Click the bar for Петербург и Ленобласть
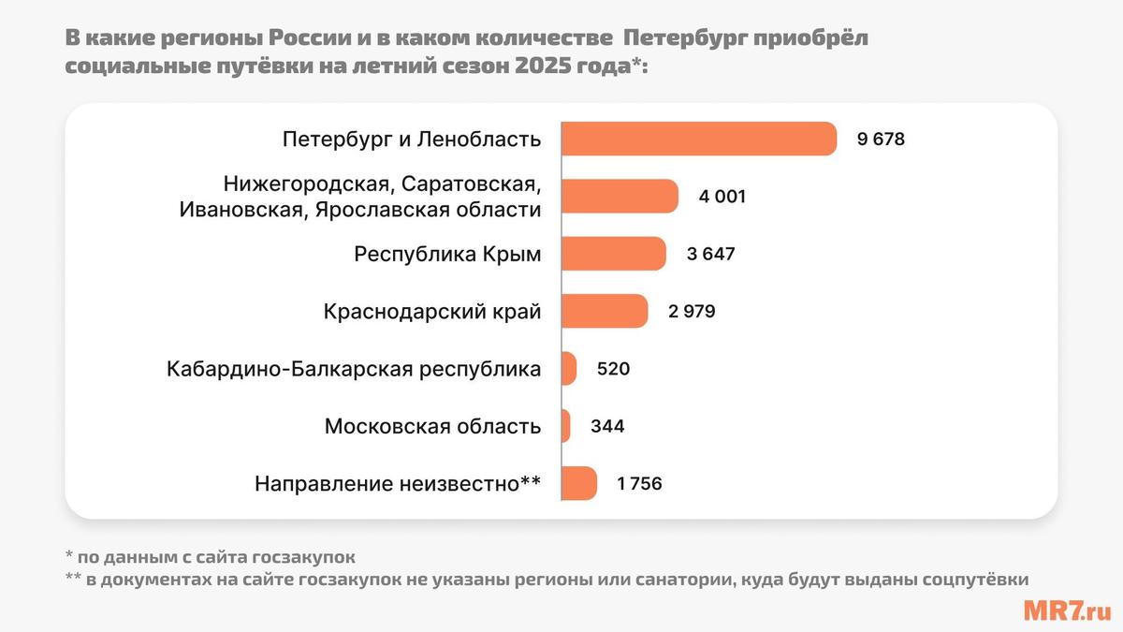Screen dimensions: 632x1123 coord(698,140)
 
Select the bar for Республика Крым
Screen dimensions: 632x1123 coord(614,254)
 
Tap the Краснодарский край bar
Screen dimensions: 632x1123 coord(605,311)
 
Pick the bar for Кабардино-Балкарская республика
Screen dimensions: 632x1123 coord(569,369)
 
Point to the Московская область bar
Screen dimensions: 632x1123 coord(566,426)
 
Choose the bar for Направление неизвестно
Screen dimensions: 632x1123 coord(578,484)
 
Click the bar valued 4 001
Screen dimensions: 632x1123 coord(620,197)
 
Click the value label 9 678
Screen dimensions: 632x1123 coord(882,140)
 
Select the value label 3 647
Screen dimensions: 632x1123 coord(710,254)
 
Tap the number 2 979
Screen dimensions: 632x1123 coord(692,311)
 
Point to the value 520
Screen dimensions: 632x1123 coord(613,369)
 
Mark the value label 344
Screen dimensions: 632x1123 coord(607,426)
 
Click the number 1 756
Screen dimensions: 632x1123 coord(640,484)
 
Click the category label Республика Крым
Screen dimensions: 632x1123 coord(447,254)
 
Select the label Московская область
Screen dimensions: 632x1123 coord(432,426)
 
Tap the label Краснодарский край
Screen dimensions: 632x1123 coord(431,311)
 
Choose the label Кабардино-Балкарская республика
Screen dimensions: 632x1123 coord(354,369)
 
